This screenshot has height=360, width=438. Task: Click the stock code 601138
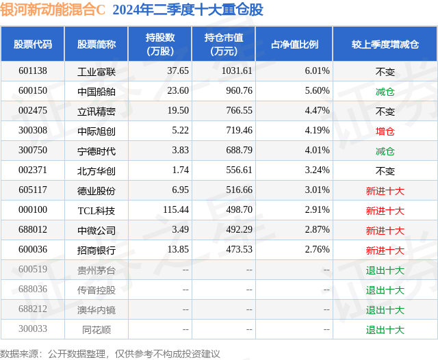point(33,70)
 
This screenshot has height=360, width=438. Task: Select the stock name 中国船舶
point(96,91)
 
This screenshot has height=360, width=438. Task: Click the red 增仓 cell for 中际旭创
point(385,131)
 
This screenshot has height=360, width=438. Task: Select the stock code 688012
point(33,231)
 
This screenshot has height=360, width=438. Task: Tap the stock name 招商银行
point(96,250)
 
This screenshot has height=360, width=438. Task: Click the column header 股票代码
point(33,44)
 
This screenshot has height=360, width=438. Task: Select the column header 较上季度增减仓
point(385,44)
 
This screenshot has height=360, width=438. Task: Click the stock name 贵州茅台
point(96,270)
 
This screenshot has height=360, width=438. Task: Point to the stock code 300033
point(33,330)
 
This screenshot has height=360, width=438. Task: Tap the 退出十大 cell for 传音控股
point(385,290)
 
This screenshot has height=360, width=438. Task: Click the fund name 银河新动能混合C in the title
point(53,10)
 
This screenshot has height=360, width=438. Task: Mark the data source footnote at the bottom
point(110,353)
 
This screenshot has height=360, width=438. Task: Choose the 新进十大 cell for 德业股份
point(385,191)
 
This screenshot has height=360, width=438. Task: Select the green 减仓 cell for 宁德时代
point(385,151)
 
